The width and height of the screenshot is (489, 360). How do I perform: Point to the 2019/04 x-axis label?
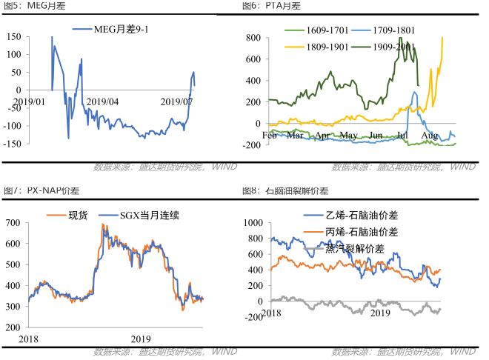(x=103, y=101)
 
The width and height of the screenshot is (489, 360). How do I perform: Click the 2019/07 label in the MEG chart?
(x=177, y=101)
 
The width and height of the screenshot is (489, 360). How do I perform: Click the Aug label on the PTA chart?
(x=429, y=136)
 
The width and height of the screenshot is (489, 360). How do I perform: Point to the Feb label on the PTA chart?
(x=270, y=136)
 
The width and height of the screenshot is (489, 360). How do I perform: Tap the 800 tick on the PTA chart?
(x=252, y=38)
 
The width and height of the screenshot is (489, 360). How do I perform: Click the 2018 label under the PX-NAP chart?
(x=29, y=339)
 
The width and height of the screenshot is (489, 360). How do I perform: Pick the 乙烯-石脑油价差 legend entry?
(x=361, y=216)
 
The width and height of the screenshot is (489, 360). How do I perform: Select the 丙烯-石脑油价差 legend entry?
(x=361, y=232)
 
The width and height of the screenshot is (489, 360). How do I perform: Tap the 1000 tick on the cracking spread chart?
(x=253, y=222)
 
